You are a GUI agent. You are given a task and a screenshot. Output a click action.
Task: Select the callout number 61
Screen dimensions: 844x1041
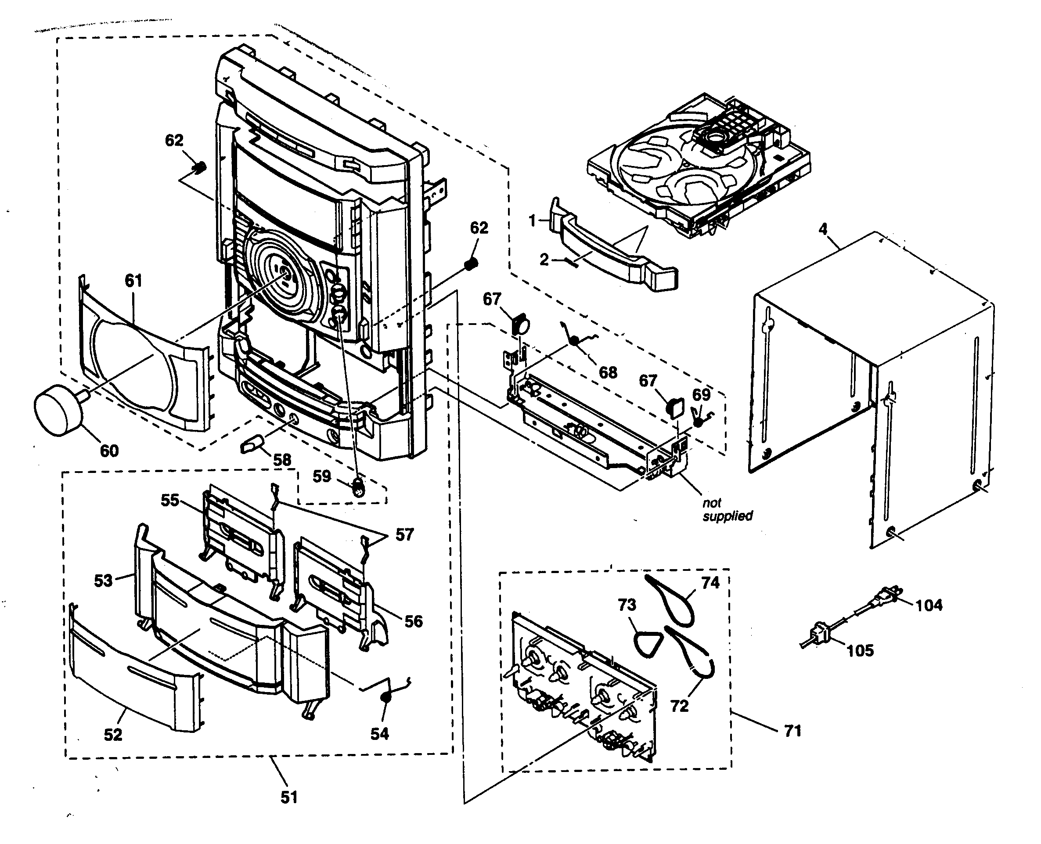[x=133, y=281]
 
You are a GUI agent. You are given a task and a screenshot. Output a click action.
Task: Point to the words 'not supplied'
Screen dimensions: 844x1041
[x=727, y=509]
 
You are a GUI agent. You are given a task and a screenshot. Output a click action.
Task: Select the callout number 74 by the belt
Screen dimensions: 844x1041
[x=710, y=582]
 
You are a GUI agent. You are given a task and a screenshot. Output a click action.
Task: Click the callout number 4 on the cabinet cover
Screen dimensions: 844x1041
[x=823, y=228]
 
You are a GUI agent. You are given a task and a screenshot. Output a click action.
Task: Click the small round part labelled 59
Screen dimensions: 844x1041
[x=358, y=487]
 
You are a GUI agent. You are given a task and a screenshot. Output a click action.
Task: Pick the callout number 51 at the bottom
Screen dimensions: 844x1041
[x=289, y=797]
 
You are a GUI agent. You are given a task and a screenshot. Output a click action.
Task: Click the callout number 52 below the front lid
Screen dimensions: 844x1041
[x=113, y=735]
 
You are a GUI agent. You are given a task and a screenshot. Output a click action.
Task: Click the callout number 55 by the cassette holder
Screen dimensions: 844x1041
[x=170, y=500]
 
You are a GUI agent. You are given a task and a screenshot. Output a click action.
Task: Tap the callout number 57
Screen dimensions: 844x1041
[x=404, y=535]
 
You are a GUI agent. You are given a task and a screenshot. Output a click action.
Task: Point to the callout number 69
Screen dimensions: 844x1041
[x=701, y=394]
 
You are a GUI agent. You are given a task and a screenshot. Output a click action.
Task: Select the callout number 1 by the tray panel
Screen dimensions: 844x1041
[x=532, y=221]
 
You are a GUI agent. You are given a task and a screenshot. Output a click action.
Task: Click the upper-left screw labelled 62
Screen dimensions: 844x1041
[x=199, y=168]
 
